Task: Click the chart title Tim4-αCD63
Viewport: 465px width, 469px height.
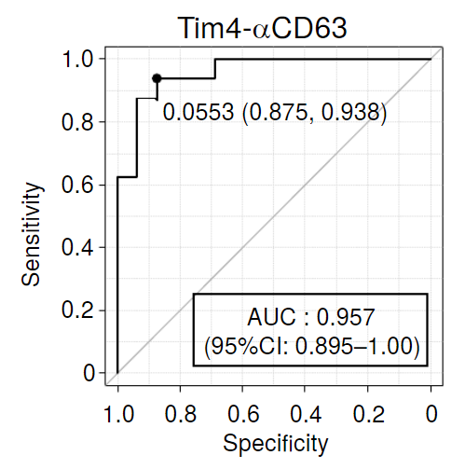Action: (262, 28)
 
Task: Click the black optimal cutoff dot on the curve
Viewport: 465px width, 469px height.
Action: (157, 78)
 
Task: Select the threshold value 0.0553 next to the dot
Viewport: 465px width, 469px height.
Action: (198, 112)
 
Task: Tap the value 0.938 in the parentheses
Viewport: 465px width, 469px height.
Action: (350, 112)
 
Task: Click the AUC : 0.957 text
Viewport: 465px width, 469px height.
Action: (310, 317)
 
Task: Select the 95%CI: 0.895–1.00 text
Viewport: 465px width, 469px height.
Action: (312, 346)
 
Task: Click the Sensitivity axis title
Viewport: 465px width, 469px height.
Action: (31, 234)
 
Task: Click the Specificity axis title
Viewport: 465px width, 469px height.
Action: (276, 444)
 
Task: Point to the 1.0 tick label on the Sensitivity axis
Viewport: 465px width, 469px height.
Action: (77, 59)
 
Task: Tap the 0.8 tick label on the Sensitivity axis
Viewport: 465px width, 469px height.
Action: (77, 122)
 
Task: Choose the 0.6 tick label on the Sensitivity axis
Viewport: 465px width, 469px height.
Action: (77, 185)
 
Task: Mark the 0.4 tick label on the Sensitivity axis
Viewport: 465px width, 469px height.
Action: (77, 247)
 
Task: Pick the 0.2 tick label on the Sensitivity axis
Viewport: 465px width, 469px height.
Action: (77, 310)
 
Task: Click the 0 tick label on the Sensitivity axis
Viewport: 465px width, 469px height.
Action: (89, 373)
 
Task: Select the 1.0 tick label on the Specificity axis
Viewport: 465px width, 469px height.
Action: (118, 414)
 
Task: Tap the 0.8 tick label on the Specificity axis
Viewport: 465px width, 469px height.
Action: (181, 414)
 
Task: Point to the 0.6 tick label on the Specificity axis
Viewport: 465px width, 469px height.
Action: (243, 414)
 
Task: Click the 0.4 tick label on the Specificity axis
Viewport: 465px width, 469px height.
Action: (306, 414)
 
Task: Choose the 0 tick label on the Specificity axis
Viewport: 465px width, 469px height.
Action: (431, 414)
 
